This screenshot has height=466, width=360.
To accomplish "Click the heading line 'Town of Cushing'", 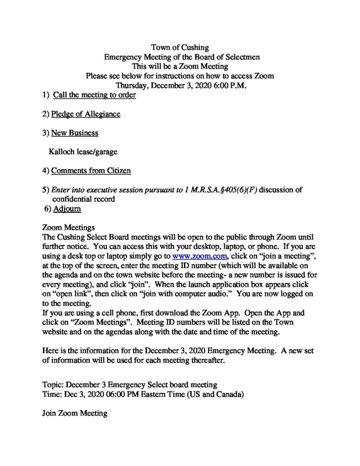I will tap(180, 47).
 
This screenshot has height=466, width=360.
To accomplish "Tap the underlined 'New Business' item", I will tap(74, 133).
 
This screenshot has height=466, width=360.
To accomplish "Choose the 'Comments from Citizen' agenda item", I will tap(91, 171).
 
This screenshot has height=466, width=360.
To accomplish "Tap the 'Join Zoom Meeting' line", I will tap(74, 413).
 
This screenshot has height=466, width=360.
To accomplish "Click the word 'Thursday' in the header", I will tap(130, 86).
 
